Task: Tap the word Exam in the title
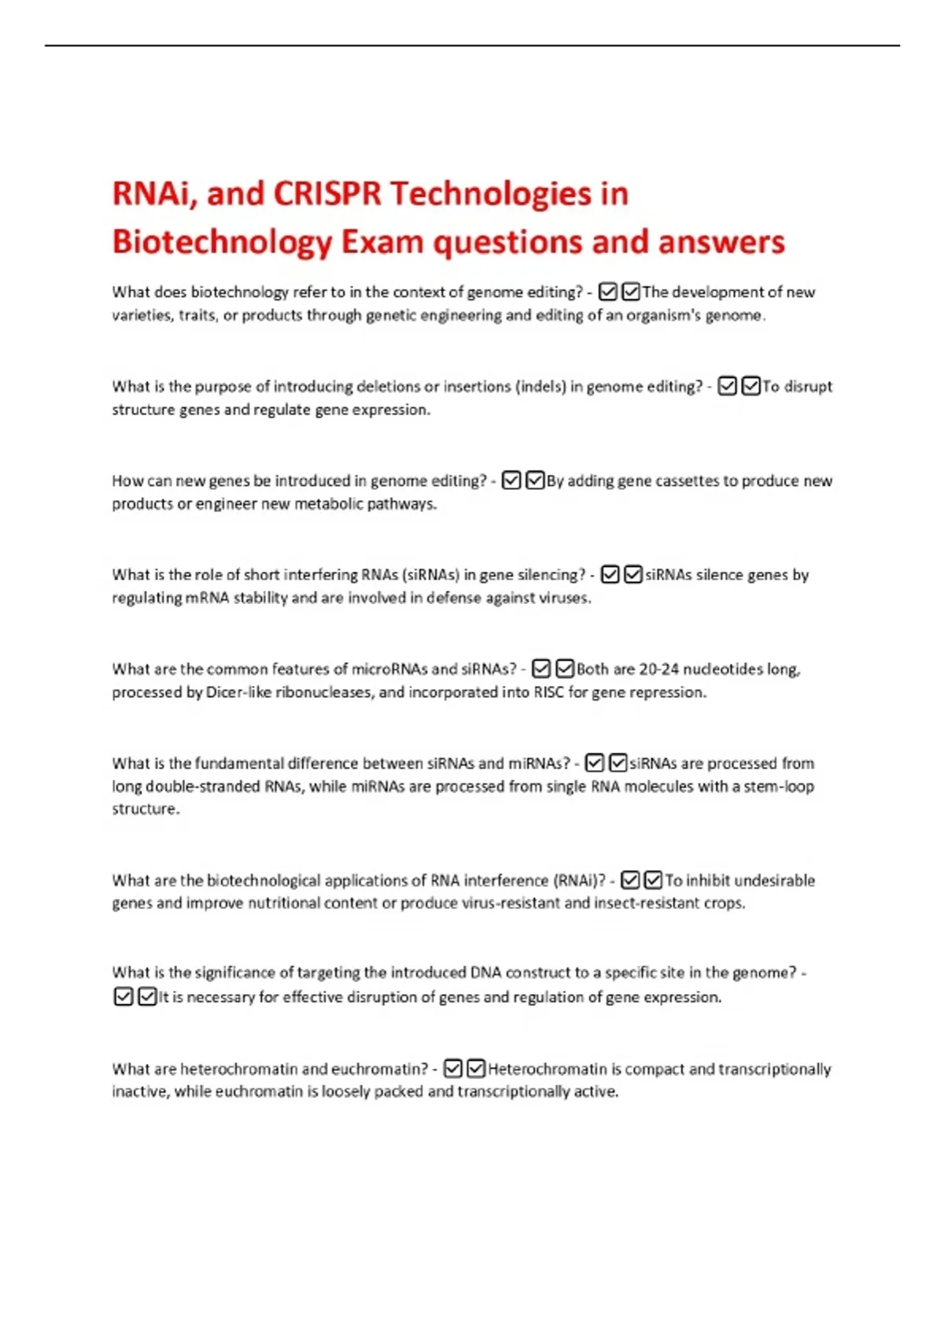(x=382, y=241)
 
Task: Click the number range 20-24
(x=658, y=669)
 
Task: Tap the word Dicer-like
(x=238, y=692)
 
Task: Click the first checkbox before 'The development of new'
(x=607, y=292)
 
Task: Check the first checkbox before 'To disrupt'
(x=728, y=386)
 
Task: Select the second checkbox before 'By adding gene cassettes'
(x=535, y=481)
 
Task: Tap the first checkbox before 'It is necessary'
(x=124, y=996)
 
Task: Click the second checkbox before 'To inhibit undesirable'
(x=653, y=880)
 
